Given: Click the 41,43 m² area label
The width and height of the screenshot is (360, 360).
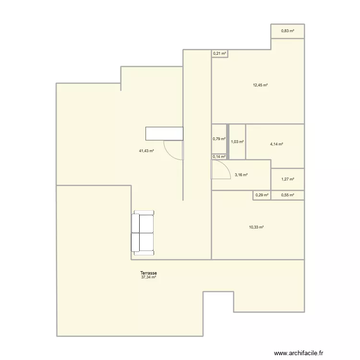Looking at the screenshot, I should pos(146,151).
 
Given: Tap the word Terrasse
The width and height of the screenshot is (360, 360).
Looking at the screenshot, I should pos(149,273).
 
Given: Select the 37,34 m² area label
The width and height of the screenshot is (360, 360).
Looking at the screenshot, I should pos(149,277).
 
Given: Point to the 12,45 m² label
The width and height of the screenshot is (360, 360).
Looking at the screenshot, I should pos(260,85).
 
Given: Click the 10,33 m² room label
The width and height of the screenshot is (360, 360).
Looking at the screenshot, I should pos(256,228).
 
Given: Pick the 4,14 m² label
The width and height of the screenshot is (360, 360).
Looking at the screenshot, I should pos(276,144).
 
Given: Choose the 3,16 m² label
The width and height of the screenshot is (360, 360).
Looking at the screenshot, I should pos(241,175).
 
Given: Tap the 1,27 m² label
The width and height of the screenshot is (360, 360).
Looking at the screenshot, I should pos(288,180).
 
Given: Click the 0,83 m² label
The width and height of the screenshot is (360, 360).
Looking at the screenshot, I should pos(288,31).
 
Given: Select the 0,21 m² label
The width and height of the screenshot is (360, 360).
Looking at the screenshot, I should pos(220,53).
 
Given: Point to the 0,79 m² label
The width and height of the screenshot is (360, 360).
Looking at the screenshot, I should pos(219,140).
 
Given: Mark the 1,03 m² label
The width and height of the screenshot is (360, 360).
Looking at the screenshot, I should pos(237,142).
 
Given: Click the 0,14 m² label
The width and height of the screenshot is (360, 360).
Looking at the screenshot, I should pos(219,156).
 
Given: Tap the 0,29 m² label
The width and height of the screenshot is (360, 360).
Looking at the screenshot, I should pos(262,195).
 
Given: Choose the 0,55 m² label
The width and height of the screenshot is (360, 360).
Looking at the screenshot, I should pos(288,195).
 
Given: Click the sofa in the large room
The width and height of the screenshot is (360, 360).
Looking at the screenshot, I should pos(142,232).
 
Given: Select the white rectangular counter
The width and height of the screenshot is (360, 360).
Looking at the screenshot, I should pos(164,133).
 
